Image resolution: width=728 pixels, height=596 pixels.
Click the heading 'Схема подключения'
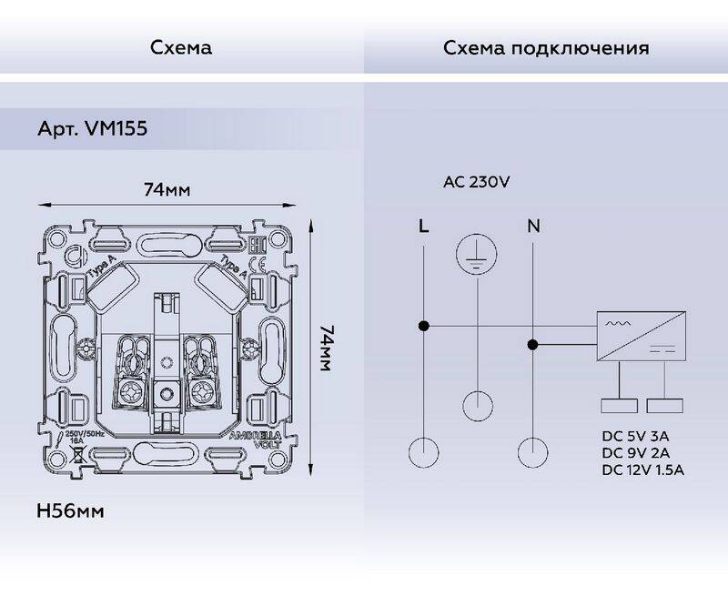tap(546, 47)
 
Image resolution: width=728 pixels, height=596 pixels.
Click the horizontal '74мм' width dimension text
tap(167, 190)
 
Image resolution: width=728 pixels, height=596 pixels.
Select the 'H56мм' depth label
tap(71, 511)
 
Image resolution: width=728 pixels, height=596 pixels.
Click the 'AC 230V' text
tap(476, 181)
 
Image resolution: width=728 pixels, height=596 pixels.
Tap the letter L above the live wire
tap(423, 226)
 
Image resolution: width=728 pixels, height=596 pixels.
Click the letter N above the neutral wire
tap(532, 226)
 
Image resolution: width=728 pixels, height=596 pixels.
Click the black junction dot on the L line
tap(423, 325)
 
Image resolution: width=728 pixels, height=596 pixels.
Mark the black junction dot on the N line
tap(532, 344)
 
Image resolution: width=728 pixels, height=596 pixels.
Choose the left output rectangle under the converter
tap(619, 409)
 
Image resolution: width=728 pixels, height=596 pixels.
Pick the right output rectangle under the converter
tap(664, 409)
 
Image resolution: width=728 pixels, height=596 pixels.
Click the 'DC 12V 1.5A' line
tap(642, 470)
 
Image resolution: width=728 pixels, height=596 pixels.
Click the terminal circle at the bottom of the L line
tap(423, 453)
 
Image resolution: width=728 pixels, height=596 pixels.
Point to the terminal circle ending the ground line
tap(477, 405)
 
